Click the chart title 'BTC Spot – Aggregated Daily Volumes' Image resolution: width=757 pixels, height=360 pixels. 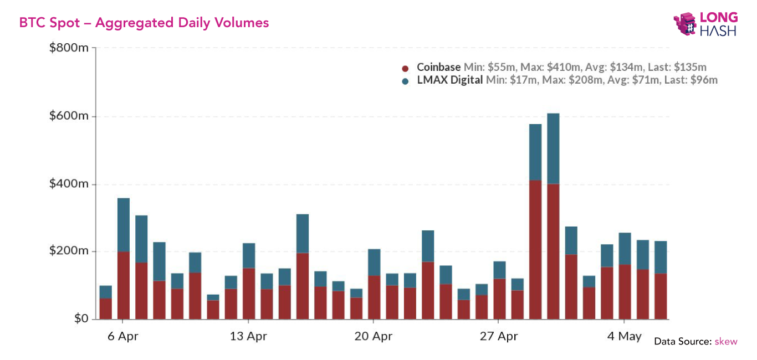[x=144, y=23]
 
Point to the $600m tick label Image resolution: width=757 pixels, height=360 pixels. [x=69, y=116]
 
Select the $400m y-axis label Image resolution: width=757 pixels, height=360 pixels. [x=69, y=184]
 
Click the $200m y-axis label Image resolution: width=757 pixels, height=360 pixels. [x=69, y=251]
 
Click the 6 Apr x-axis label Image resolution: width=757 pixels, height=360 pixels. [x=122, y=336]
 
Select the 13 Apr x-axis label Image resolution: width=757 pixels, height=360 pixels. [x=248, y=336]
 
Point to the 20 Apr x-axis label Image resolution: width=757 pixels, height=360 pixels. [x=373, y=336]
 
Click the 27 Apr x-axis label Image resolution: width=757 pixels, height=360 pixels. [x=498, y=336]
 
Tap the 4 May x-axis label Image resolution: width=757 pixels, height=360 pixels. [x=624, y=336]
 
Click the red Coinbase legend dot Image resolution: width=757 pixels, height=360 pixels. [x=406, y=68]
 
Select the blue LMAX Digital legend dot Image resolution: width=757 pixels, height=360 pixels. [x=406, y=81]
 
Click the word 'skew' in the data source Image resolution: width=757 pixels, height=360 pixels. [x=727, y=341]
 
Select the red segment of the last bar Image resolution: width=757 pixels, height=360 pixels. [x=661, y=296]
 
